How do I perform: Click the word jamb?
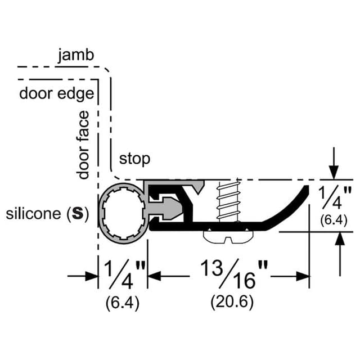(x=75, y=55)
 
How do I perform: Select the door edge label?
(x=57, y=93)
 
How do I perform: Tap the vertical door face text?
(x=84, y=145)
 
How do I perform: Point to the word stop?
(x=134, y=159)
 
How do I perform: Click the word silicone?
(x=32, y=214)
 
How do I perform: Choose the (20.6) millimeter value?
(x=232, y=301)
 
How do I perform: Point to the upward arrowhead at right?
(x=339, y=238)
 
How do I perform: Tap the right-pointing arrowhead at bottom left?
(x=93, y=276)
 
